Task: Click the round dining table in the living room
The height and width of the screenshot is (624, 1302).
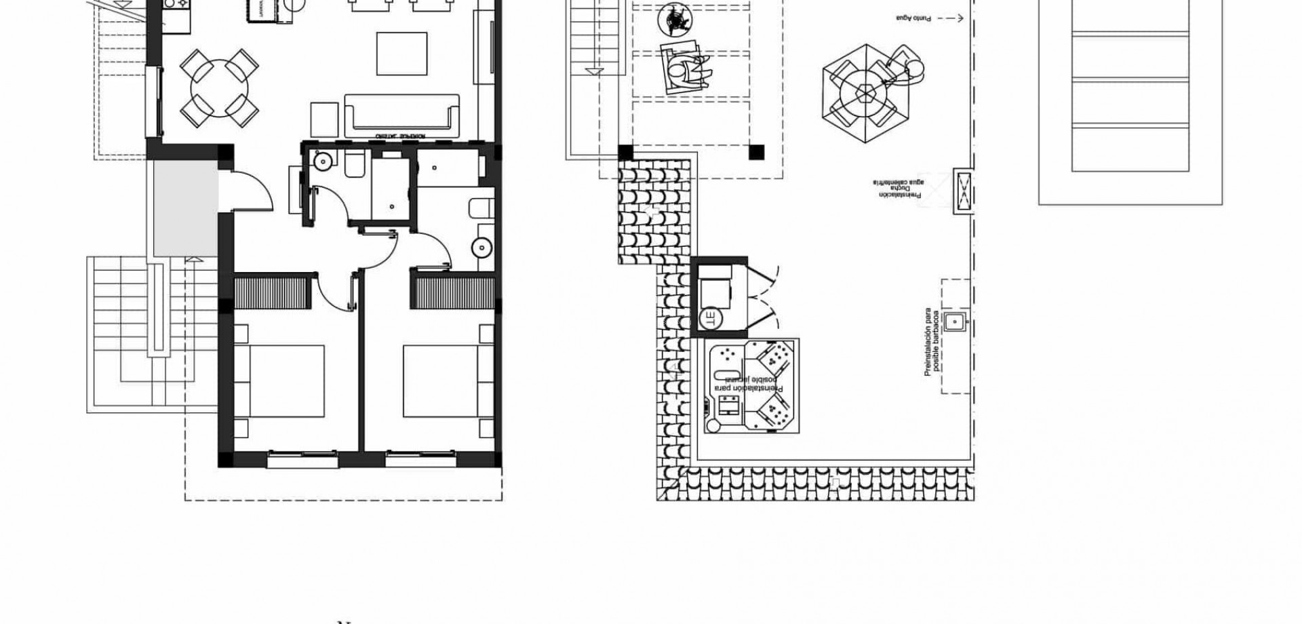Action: point(219,88)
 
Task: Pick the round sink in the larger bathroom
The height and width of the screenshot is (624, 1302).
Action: point(481,247)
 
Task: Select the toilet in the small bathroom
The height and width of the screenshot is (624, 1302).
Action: point(355,165)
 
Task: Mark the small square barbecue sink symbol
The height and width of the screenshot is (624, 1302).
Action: point(955,321)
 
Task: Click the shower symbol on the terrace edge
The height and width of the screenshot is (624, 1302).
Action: point(962,192)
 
